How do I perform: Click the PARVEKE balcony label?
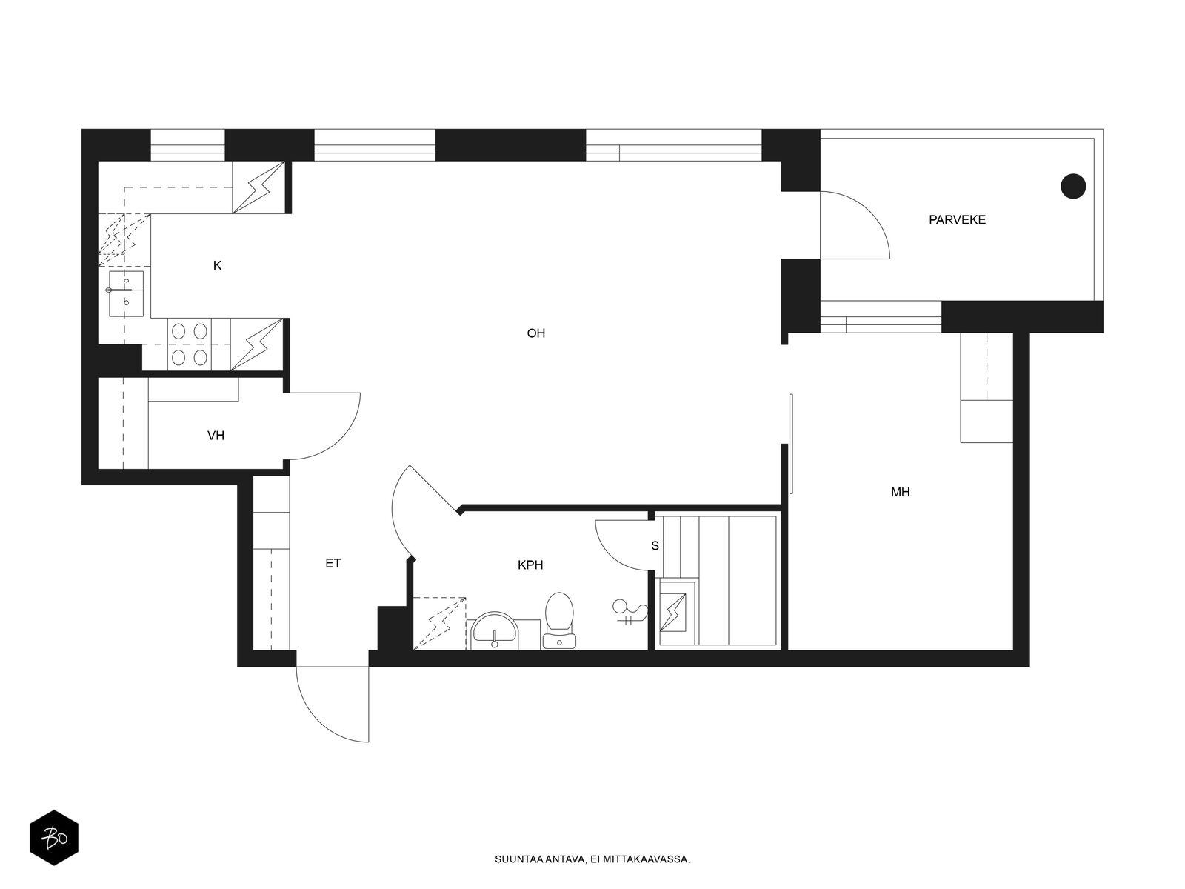pos(957,220)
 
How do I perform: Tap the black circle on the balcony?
pos(1072,186)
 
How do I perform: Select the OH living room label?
pos(535,333)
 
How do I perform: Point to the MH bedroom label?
pos(900,492)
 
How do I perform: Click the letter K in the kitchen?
pos(217,265)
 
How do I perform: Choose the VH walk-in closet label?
pos(216,435)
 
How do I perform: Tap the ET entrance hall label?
pos(333,563)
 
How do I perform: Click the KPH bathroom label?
pos(530,565)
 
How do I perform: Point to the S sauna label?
pos(655,546)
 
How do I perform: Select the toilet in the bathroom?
pos(558,620)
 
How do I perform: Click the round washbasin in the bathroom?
pos(495,630)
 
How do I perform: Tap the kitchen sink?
pos(126,293)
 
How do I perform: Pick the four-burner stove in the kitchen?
pos(189,344)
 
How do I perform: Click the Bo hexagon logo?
pos(54,838)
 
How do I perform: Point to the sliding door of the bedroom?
pos(791,444)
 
